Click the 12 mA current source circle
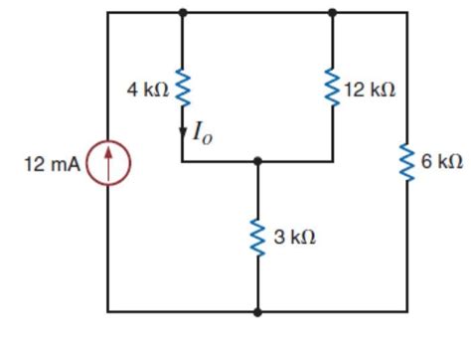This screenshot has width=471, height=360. click(x=108, y=162)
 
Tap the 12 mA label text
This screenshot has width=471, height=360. click(x=50, y=162)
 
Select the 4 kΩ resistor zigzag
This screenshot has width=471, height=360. click(x=183, y=88)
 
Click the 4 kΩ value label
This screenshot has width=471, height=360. click(x=147, y=90)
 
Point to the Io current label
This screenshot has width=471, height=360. click(x=202, y=133)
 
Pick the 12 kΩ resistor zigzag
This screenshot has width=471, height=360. click(x=332, y=88)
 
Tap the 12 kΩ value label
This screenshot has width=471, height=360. click(x=370, y=90)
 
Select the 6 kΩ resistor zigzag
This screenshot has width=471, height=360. click(x=406, y=162)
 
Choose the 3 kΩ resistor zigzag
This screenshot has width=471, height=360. click(x=257, y=237)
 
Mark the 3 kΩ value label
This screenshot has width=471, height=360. click(x=294, y=238)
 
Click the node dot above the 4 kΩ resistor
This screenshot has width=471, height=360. click(x=183, y=13)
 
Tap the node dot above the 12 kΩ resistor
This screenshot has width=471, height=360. click(x=332, y=13)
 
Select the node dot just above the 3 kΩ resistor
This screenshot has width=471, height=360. click(x=257, y=160)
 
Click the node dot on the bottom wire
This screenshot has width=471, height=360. click(x=257, y=312)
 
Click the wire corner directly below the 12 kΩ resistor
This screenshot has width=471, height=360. click(x=332, y=160)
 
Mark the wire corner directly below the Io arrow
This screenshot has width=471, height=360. click(x=183, y=160)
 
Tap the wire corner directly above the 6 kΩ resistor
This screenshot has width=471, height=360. click(x=406, y=13)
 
